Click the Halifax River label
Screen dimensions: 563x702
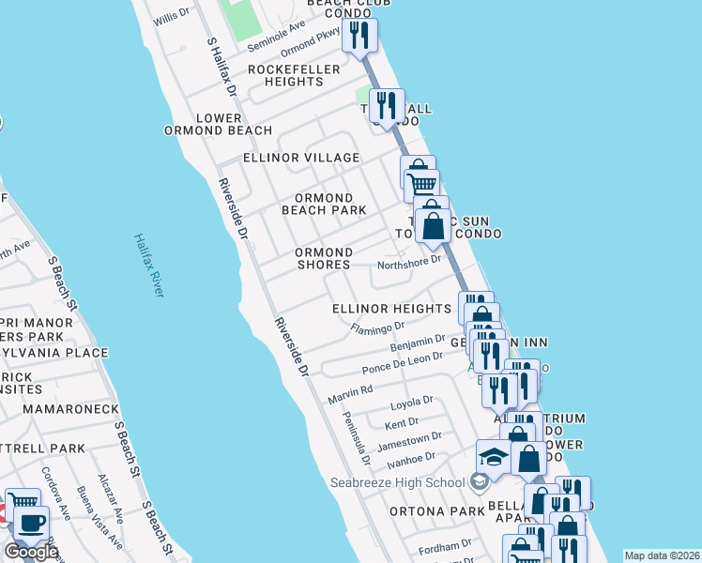(x=148, y=266)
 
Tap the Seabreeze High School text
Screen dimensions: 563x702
(x=397, y=483)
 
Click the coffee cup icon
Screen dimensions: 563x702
(x=31, y=523)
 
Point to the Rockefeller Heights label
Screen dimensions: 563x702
(x=286, y=75)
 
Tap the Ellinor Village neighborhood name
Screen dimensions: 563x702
(x=300, y=158)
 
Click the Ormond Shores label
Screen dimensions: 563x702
(x=324, y=259)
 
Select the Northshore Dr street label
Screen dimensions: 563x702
(x=408, y=264)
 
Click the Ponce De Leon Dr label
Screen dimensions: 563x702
(x=402, y=358)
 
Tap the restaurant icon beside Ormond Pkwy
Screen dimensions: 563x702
(x=359, y=35)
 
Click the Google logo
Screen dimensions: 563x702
(x=29, y=552)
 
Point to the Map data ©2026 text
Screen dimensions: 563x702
(x=662, y=555)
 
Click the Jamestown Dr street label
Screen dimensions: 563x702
(x=409, y=439)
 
